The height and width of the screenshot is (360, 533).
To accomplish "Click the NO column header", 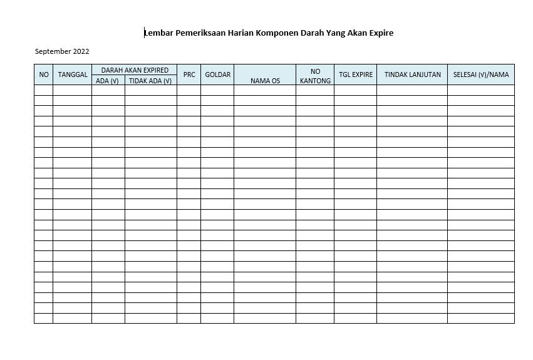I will click(x=44, y=75).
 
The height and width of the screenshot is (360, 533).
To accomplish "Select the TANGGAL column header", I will click(x=73, y=75).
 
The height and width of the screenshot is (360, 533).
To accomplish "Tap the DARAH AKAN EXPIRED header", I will click(x=135, y=70).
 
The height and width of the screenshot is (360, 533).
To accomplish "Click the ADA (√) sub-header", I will click(x=108, y=80).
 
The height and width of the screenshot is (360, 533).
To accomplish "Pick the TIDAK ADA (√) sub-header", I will click(x=150, y=80).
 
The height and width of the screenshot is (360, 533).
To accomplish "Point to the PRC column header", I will click(x=189, y=75).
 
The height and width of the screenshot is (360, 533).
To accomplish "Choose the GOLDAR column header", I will click(x=218, y=75).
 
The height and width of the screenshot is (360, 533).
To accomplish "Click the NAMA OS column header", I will click(x=265, y=80).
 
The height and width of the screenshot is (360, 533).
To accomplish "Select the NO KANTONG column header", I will click(x=315, y=76).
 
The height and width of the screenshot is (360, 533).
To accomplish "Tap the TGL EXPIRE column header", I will click(x=356, y=75).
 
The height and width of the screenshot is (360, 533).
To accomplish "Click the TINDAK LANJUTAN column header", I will click(x=412, y=75).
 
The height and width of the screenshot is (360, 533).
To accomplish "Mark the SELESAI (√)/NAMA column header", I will click(x=481, y=75).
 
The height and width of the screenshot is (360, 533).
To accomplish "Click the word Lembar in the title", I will click(x=159, y=33).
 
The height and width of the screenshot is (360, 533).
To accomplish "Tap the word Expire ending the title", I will click(x=380, y=33).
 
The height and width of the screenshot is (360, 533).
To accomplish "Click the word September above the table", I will click(x=53, y=51).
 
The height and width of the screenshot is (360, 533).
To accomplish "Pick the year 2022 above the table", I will click(x=81, y=51).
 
